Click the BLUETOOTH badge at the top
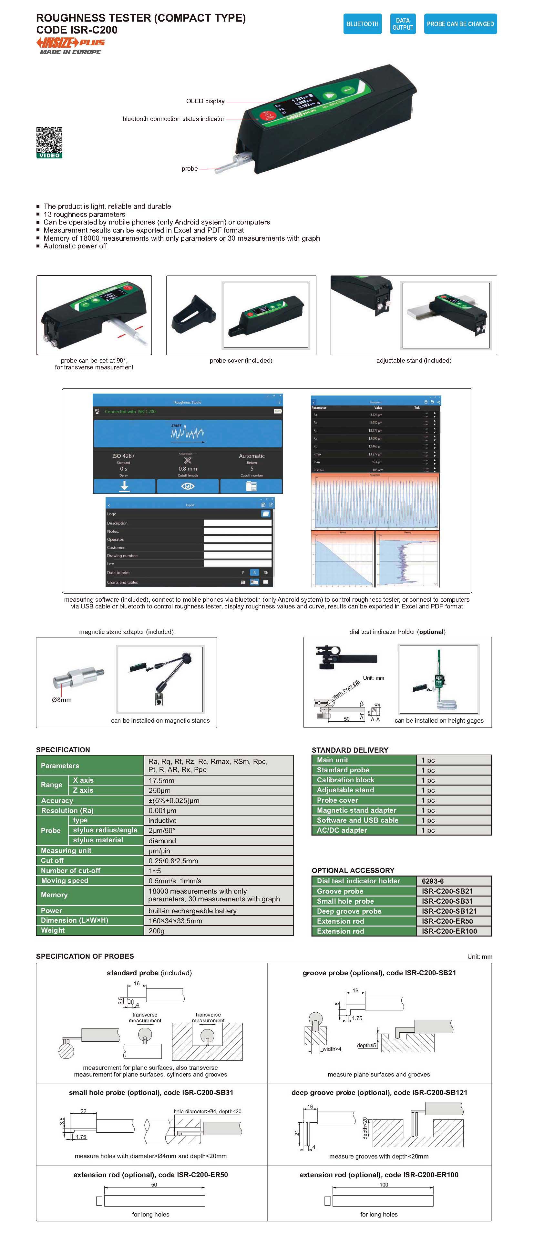[362, 24]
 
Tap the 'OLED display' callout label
[205, 101]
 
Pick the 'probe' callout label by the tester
[190, 168]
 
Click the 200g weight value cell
[218, 930]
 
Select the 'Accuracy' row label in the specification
[57, 800]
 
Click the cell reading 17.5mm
[218, 780]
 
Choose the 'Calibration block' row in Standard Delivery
[345, 780]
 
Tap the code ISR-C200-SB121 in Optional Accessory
[449, 911]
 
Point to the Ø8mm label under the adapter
[62, 700]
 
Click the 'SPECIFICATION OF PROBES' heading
[85, 956]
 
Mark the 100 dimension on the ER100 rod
[384, 1185]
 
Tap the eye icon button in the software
[188, 486]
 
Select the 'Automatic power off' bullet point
[75, 246]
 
